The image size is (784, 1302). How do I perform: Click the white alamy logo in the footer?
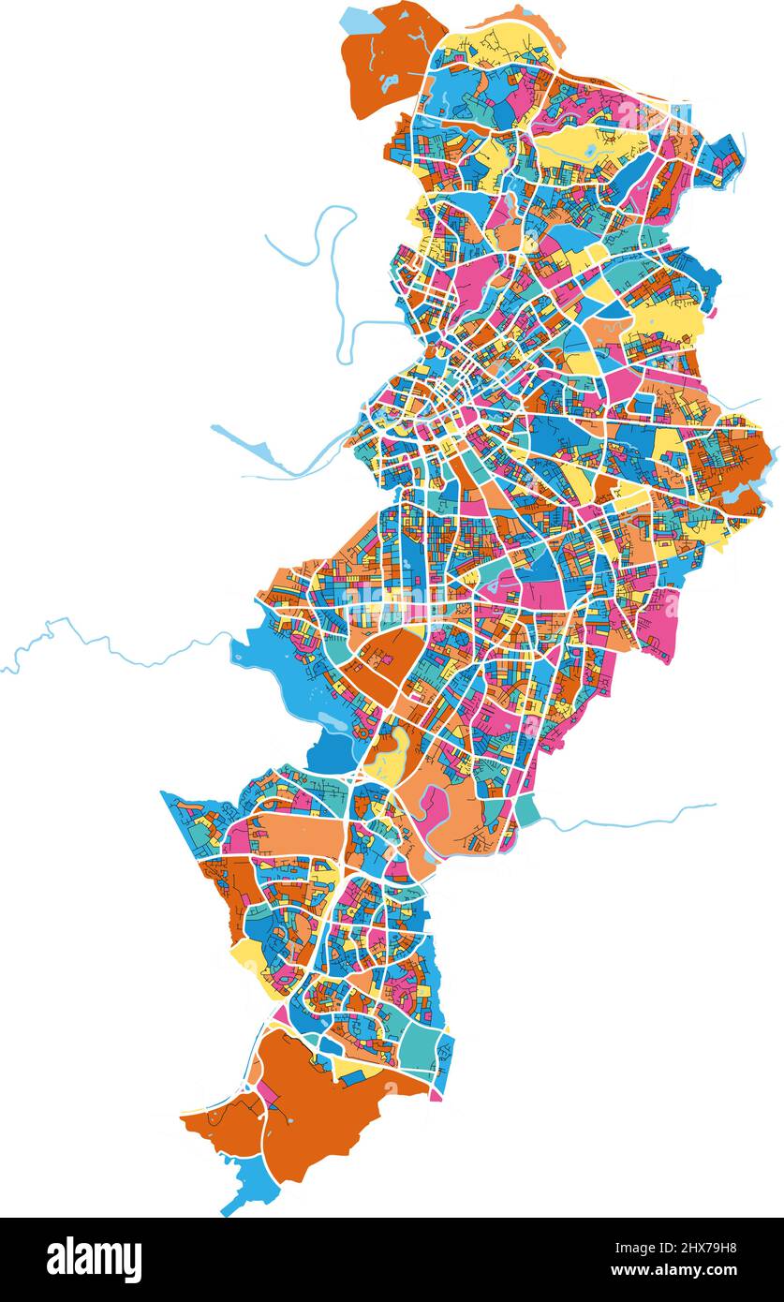coord(94,1260)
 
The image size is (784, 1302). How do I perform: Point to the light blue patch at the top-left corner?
coord(357,19)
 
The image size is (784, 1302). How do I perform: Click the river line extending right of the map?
coord(637,821)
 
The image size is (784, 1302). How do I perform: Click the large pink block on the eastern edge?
coord(659,623)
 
